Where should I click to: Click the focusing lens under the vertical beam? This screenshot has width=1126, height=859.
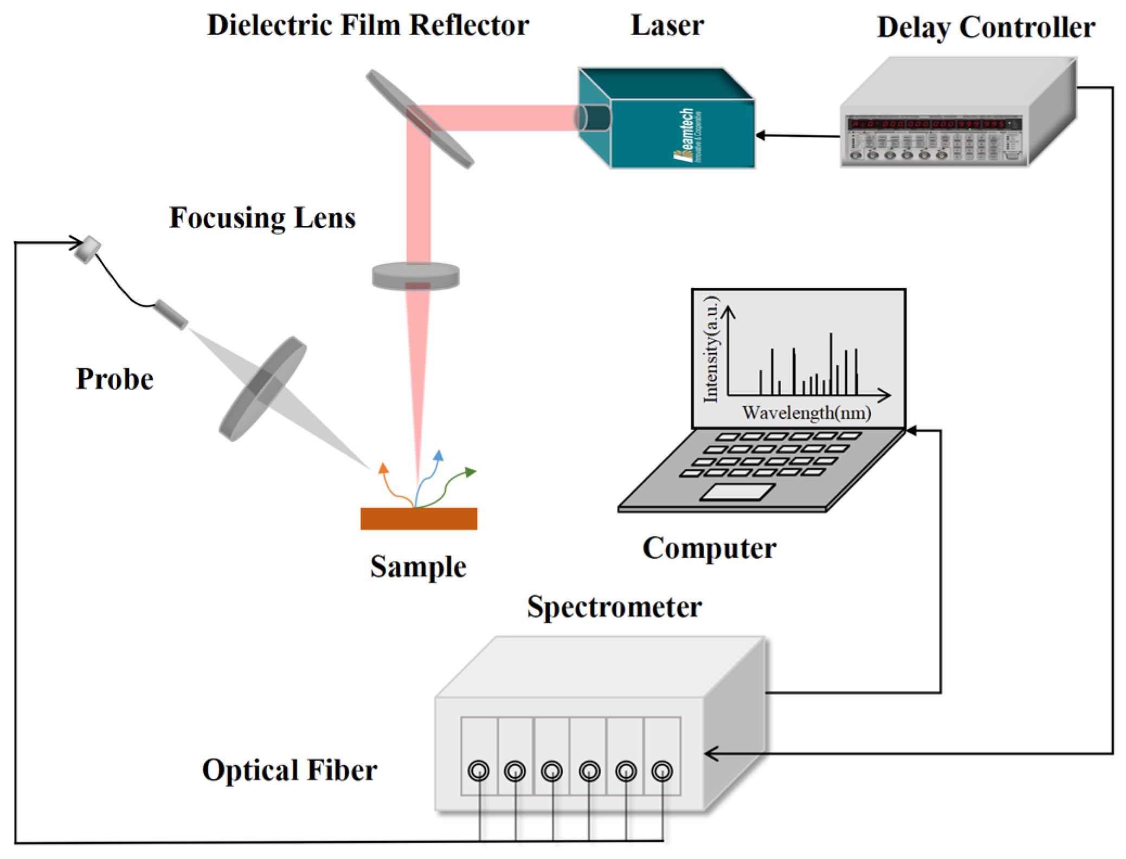[x=416, y=276]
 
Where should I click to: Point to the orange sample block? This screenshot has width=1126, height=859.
[x=419, y=518]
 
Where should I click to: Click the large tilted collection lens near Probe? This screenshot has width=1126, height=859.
[x=262, y=388]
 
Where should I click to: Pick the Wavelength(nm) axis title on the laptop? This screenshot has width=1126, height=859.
[x=806, y=413]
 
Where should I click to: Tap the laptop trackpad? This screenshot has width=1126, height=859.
[x=737, y=492]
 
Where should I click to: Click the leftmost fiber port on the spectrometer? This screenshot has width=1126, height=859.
[x=478, y=770]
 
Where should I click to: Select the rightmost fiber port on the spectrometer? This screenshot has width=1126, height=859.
[x=662, y=770]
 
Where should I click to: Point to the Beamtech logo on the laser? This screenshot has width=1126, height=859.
[x=687, y=135]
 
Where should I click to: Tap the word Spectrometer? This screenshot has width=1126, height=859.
[x=614, y=606]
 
